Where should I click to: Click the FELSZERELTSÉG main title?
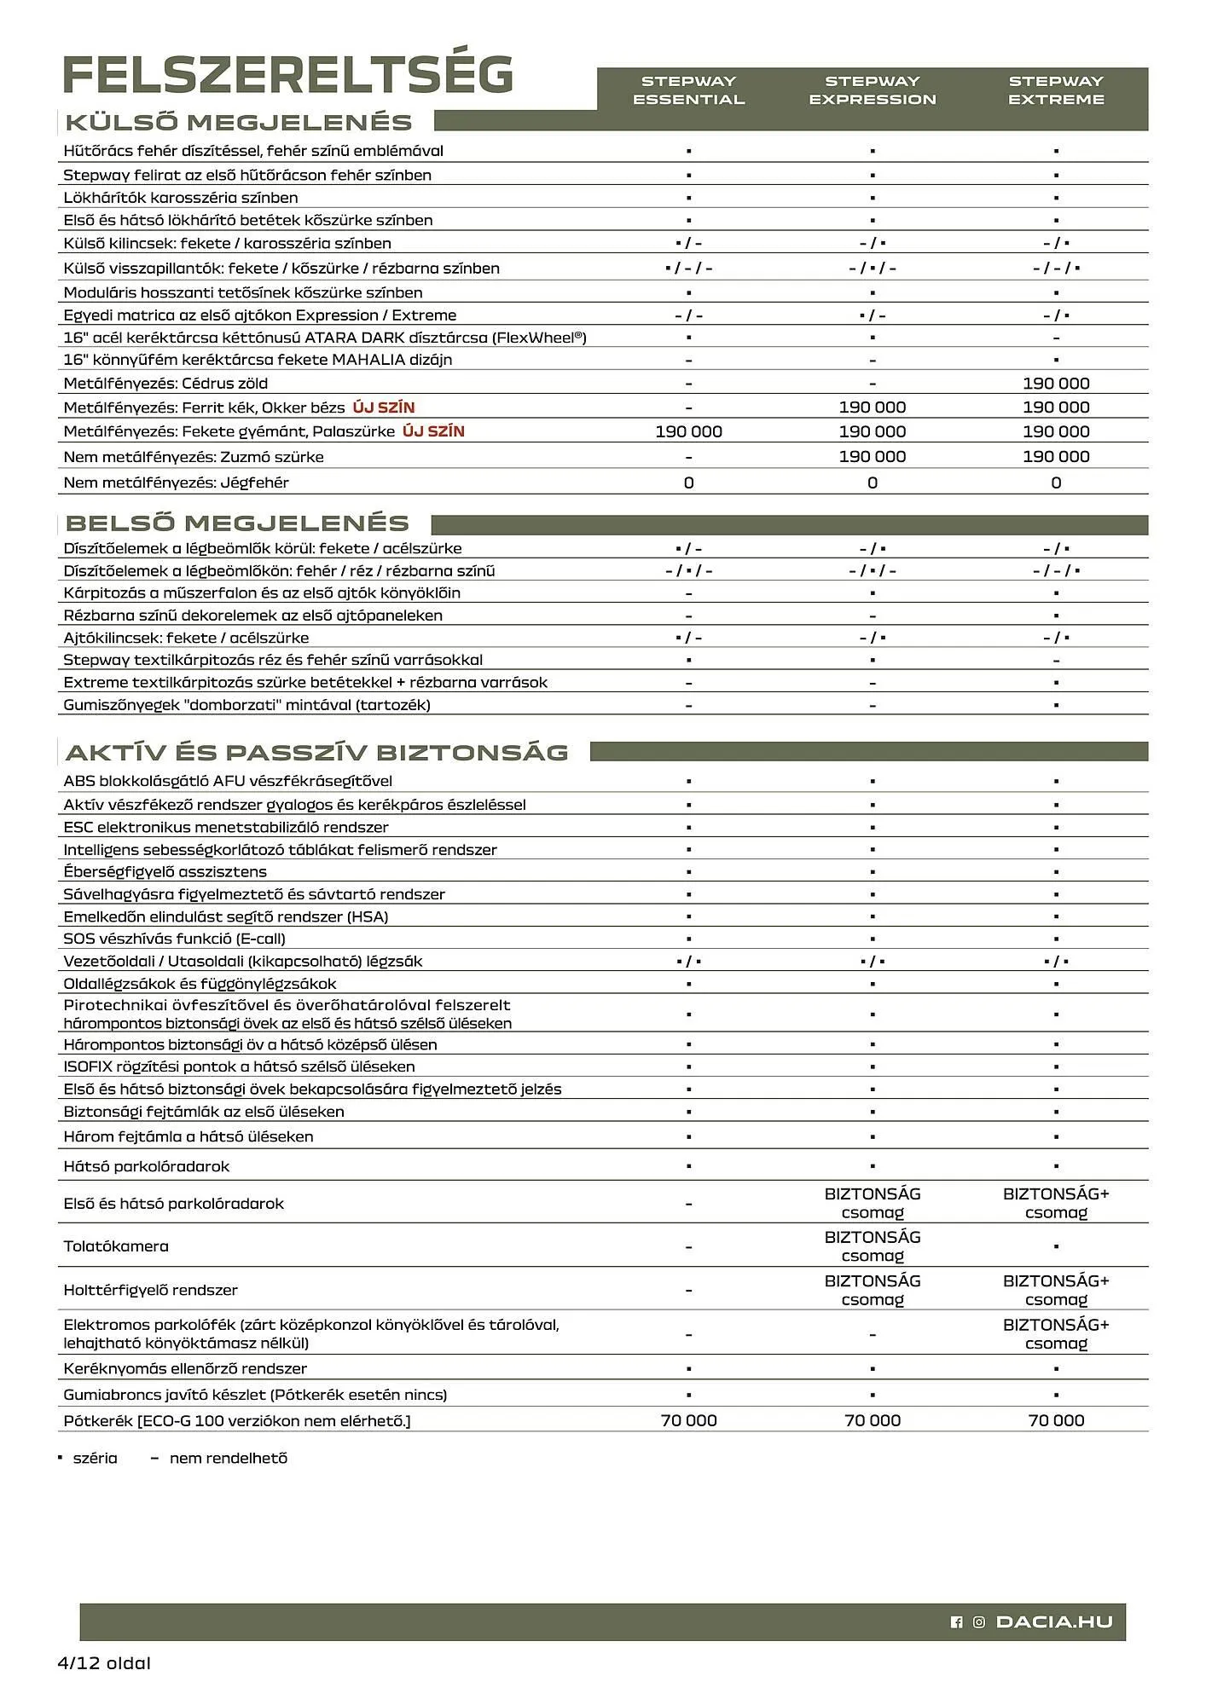point(288,75)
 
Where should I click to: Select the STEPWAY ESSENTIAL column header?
point(688,90)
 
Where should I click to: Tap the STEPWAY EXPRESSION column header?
point(872,90)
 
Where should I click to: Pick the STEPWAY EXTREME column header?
point(1056,90)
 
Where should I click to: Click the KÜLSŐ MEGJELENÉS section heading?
point(239,122)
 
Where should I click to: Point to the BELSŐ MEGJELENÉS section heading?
point(237,523)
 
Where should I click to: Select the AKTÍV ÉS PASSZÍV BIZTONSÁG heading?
point(316,752)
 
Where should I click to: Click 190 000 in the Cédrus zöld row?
point(1056,384)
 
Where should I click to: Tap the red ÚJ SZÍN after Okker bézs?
point(384,407)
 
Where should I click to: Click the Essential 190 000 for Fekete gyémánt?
point(688,431)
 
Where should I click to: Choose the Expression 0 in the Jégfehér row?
point(872,483)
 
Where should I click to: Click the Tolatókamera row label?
point(116,1246)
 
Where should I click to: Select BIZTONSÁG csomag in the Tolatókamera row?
point(872,1246)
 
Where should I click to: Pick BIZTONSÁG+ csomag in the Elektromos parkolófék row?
point(1056,1333)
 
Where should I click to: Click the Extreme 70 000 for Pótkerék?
point(1056,1420)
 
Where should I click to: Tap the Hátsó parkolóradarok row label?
point(146,1166)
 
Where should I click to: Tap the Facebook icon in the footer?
point(956,1622)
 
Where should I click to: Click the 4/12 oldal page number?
point(103,1662)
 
